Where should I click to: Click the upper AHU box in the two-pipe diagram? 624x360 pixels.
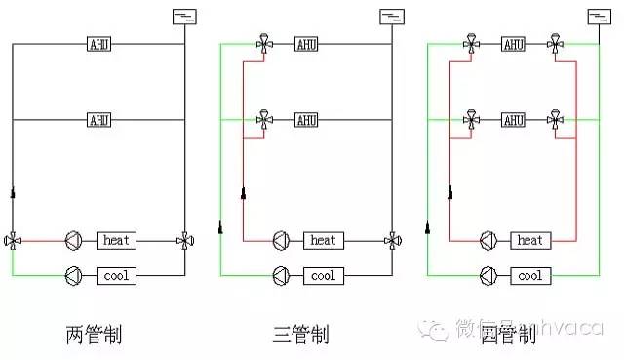coord(98,44)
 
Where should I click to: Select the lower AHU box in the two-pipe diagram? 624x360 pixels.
coord(98,120)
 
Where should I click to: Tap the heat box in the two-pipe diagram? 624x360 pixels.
coord(116,240)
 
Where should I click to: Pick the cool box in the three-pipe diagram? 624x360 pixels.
coord(323,276)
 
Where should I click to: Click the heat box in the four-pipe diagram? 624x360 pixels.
coord(530,240)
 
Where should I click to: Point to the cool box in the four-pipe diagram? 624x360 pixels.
coord(530,276)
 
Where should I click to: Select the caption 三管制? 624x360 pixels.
coord(300,337)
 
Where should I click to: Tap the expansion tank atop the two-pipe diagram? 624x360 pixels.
coord(183,16)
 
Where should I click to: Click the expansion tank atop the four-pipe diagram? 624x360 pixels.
coord(599,16)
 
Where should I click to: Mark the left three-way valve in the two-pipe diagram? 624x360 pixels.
coord(13,240)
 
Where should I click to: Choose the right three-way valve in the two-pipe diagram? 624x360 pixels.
coord(184,240)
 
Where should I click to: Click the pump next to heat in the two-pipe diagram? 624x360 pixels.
coord(74,240)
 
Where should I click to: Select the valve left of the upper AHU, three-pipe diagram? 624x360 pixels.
coord(264,44)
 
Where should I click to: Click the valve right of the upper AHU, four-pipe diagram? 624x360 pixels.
coord(555,44)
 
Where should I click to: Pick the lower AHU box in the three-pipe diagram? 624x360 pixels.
coord(306,120)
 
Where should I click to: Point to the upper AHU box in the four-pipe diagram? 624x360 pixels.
coord(514,44)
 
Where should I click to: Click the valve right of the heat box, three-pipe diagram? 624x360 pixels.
coord(392,240)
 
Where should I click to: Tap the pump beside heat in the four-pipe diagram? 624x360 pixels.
coord(488,240)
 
